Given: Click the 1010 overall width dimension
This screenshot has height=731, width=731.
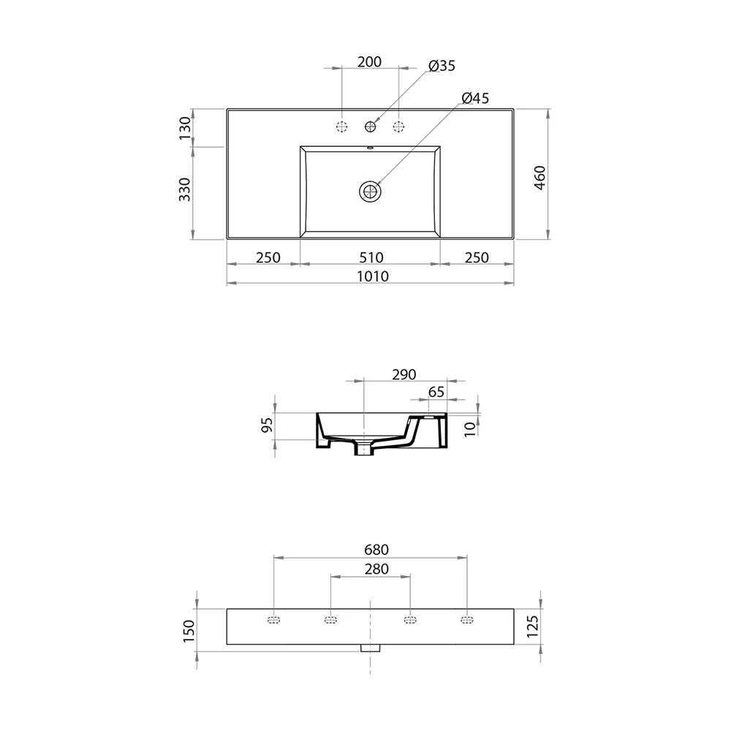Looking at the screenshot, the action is pos(373,276).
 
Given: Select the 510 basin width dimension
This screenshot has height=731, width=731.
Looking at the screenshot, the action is pos(371,257).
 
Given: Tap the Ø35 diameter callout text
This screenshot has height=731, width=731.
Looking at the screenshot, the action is pos(442,66).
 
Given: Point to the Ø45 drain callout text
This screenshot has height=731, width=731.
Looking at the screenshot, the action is pos(475,98).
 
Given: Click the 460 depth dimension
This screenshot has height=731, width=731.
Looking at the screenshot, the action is pos(539,178).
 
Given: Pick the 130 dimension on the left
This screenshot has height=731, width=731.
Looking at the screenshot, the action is pos(185,128).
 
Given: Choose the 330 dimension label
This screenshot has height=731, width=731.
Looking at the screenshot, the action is pos(185,189).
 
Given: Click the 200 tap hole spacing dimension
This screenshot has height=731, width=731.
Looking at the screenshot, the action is pos(369,61).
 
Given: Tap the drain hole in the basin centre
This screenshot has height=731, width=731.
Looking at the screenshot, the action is pos(371,191).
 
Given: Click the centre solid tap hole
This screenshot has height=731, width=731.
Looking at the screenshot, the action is pos(371,126).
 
